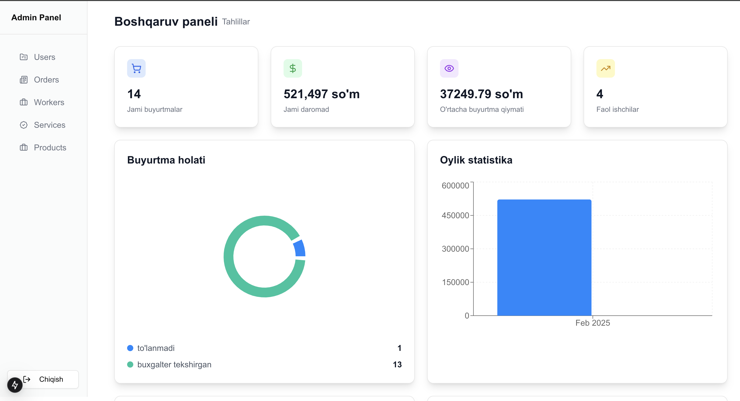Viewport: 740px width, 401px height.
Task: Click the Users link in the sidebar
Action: point(44,57)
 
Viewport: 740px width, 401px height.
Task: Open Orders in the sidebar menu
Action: point(46,80)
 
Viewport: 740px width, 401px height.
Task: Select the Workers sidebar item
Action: point(49,103)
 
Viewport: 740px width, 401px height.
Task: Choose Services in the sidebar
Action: point(49,125)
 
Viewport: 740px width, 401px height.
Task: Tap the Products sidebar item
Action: point(50,148)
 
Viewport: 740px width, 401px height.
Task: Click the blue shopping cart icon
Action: point(136,69)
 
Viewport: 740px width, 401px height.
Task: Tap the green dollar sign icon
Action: point(293,69)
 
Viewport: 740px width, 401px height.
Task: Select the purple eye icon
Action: point(449,69)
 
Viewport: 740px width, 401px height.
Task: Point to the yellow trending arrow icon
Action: point(605,69)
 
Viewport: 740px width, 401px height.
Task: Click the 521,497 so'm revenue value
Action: point(321,94)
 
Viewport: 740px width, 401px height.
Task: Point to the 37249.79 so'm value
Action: point(481,94)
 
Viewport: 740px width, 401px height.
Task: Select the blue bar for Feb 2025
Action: point(544,258)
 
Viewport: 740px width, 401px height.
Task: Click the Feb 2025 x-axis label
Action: point(592,323)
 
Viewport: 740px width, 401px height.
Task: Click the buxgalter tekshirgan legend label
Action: point(174,364)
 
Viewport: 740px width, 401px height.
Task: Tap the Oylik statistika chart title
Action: point(476,160)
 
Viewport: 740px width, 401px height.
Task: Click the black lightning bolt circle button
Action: point(15,385)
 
